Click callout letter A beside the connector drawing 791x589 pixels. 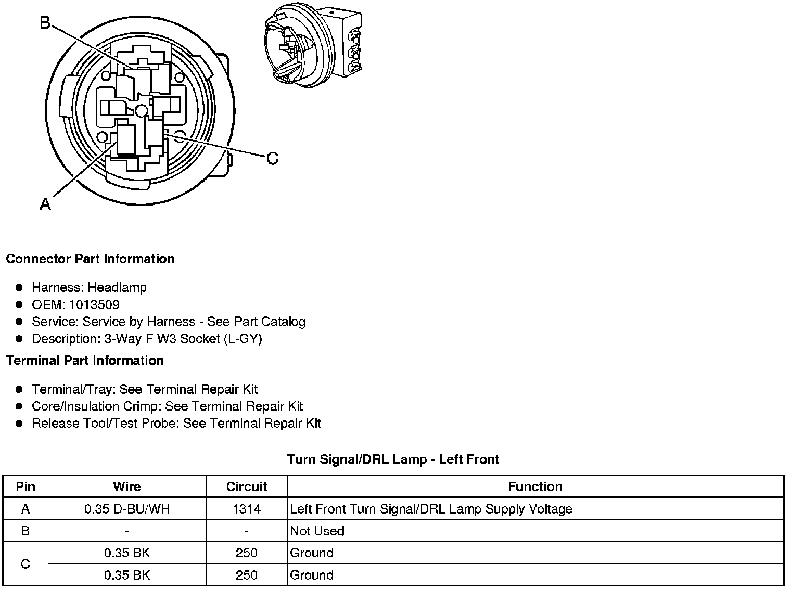45,204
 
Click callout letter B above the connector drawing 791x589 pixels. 45,23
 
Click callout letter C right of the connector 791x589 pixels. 272,158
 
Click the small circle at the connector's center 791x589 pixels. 142,111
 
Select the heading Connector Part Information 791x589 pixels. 90,259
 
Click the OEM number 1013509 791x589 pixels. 94,304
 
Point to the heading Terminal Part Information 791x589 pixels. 85,361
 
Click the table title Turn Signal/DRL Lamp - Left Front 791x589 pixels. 393,459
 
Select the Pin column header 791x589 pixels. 25,486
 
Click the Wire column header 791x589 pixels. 127,486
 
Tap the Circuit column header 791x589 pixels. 246,486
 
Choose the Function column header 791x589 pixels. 535,486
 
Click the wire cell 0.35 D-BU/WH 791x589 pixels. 127,509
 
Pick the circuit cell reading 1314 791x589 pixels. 246,509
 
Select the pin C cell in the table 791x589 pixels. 25,564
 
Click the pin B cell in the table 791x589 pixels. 25,531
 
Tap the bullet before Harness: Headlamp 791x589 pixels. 19,287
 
